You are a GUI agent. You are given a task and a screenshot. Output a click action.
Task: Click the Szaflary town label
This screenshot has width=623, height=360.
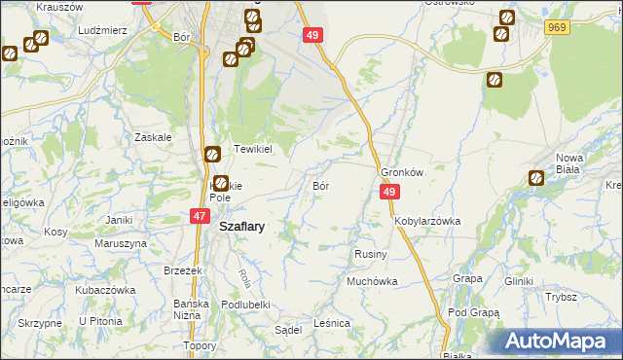(242, 226)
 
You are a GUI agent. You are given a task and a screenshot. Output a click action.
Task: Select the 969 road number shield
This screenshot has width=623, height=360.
(558, 29)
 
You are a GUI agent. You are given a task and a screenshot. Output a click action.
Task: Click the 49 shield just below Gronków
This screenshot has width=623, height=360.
(388, 193)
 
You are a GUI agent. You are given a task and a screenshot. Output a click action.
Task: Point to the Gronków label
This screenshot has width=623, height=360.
(402, 171)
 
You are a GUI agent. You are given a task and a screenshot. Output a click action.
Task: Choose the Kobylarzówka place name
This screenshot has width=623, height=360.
(427, 221)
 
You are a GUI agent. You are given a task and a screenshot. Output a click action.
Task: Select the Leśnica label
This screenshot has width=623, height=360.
(332, 323)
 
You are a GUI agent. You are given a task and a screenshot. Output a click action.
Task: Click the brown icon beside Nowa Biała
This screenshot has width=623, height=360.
(536, 178)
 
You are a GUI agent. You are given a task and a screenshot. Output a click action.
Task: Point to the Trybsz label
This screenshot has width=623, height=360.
(562, 297)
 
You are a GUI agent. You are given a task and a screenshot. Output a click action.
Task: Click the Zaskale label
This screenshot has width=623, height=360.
(154, 137)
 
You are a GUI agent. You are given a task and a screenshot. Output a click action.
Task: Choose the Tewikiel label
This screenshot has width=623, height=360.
(252, 151)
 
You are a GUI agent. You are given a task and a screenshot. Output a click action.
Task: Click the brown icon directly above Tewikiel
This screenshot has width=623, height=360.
(213, 153)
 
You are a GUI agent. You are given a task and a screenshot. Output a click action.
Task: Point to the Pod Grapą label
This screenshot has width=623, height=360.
(473, 313)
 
